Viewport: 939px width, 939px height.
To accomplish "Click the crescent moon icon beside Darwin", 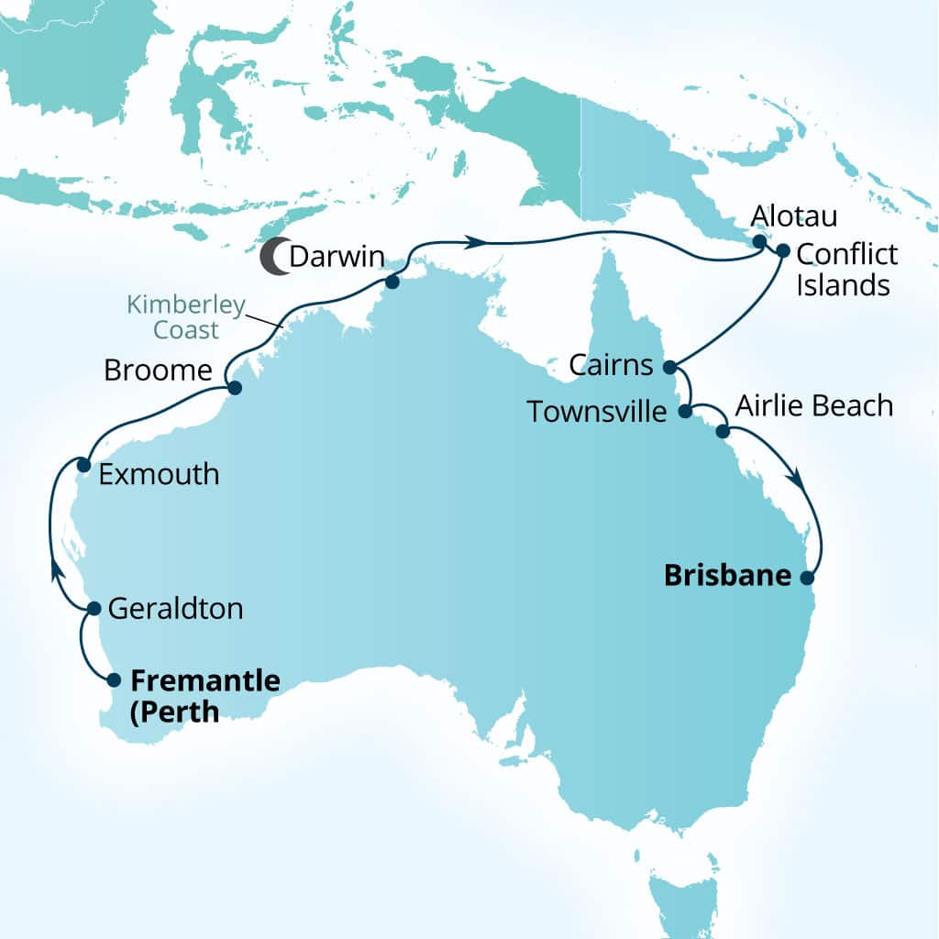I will point(271,257).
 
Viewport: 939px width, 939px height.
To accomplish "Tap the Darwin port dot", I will point(392,282).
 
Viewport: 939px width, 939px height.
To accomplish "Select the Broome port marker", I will point(234,388).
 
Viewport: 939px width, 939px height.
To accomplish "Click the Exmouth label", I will point(159,474).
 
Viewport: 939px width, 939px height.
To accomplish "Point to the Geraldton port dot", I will point(94,608).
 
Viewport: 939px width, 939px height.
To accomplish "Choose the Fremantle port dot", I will point(114,680).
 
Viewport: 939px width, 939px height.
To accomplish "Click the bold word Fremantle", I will point(205,680).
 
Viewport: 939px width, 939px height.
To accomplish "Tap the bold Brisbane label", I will point(727,576).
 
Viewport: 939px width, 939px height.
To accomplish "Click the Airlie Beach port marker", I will point(723,431).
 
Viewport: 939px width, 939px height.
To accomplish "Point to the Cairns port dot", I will point(669,367).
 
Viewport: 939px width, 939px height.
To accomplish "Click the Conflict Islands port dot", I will point(782,249).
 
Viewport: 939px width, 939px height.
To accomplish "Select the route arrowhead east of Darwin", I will point(474,242).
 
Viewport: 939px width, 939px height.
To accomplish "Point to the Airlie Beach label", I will point(814,405).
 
